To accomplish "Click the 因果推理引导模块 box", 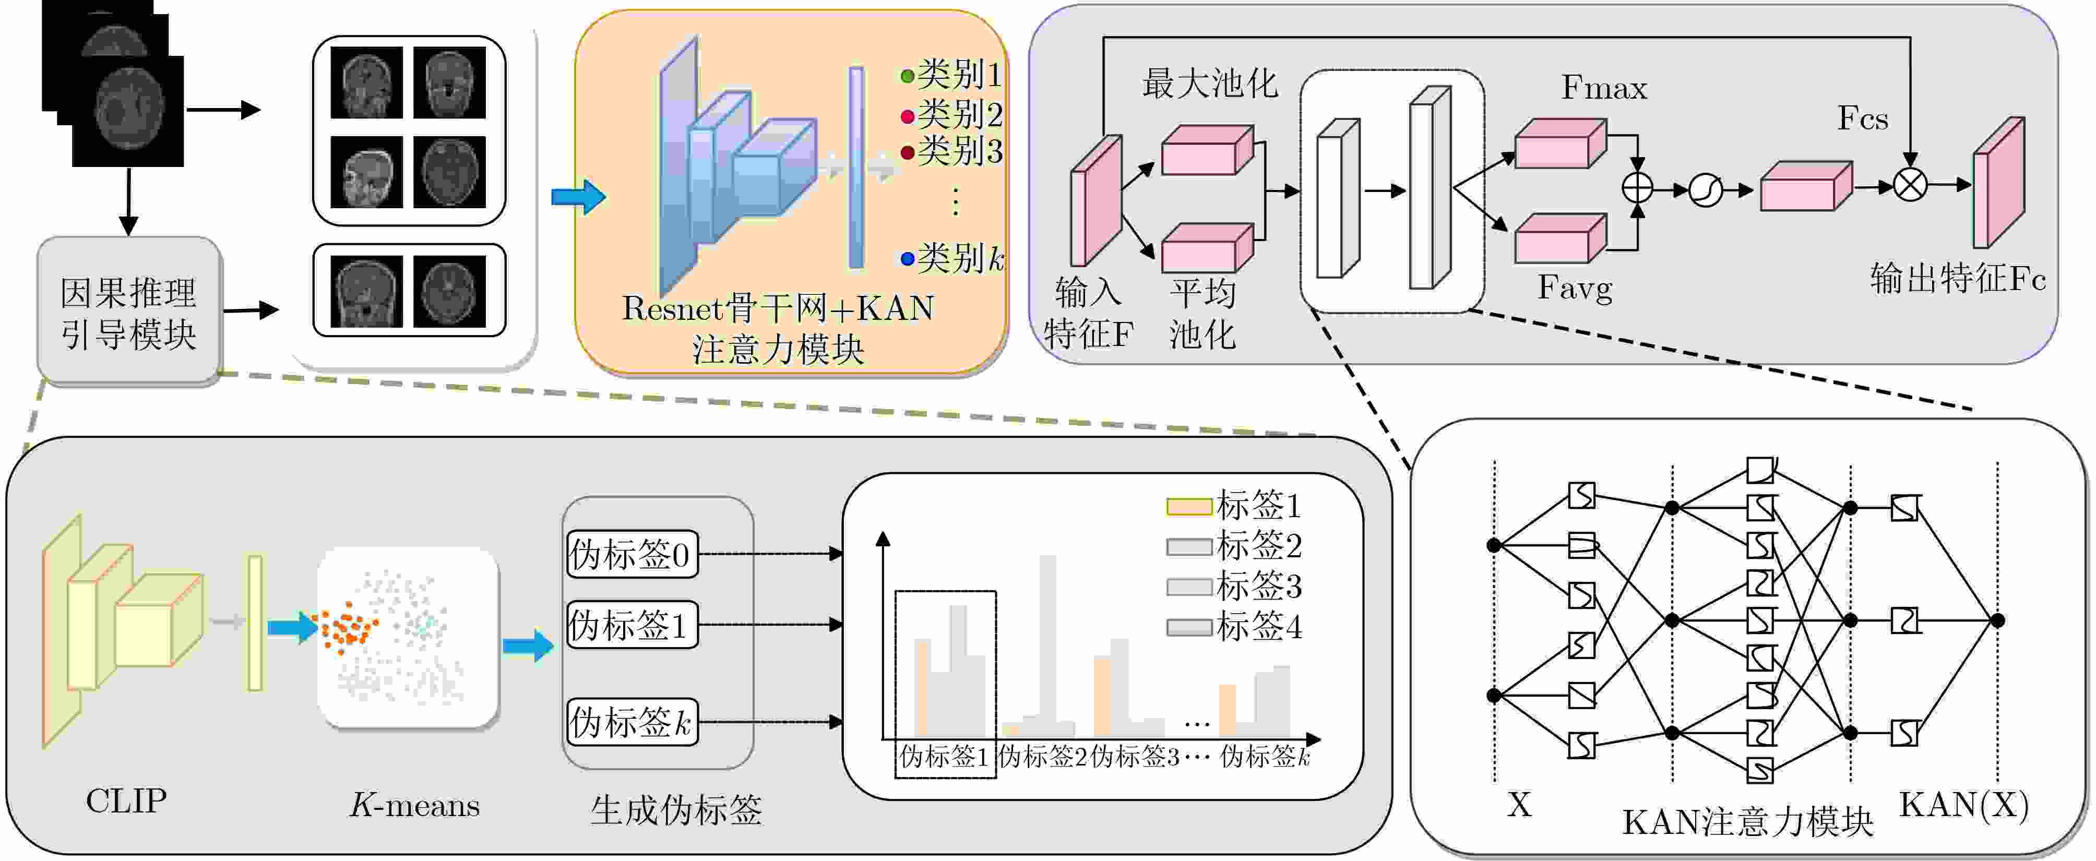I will coord(128,312).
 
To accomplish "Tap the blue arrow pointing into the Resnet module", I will coord(578,197).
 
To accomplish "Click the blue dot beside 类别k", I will coord(907,259).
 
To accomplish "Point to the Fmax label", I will coord(1603,88).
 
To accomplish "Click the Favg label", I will coord(1575,288).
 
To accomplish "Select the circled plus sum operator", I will coord(1637,189).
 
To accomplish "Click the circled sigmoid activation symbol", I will coord(1706,190).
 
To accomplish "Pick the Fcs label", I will coord(1863,119).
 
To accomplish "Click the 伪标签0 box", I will coord(632,554).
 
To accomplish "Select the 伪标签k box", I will coord(632,722).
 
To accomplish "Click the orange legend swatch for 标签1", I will coord(1189,506).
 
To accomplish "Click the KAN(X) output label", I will coord(1963,805).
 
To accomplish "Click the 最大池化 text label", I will coord(1210,84).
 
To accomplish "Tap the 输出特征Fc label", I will coord(1957,278).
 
